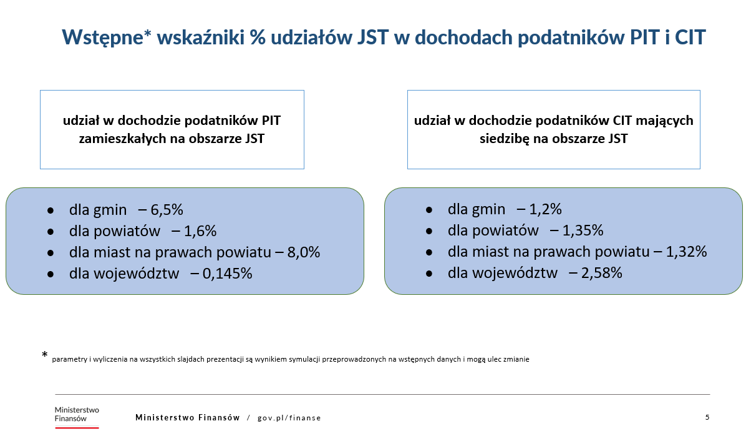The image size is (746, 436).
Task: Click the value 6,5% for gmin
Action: point(167,210)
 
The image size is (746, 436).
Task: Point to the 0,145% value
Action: point(227,273)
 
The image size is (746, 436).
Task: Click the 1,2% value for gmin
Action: point(545,209)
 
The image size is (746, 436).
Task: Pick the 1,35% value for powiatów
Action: point(583,230)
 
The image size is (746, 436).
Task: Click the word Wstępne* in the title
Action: point(107,37)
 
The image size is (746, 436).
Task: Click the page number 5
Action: point(707,417)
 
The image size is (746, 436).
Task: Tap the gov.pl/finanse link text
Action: point(289,417)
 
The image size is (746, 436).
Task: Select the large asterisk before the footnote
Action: point(44,355)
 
